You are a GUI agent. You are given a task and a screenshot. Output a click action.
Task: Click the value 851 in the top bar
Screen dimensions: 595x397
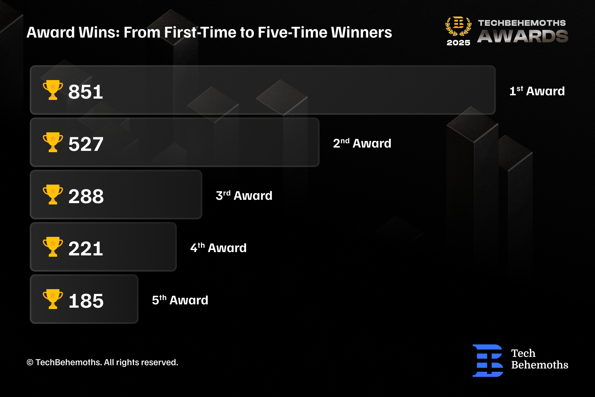pos(86,92)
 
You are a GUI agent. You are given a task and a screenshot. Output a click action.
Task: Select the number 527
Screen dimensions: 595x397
pos(86,144)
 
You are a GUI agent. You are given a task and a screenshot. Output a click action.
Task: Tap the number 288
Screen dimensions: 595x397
pos(86,196)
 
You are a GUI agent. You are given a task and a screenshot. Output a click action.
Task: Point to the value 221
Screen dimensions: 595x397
pos(86,248)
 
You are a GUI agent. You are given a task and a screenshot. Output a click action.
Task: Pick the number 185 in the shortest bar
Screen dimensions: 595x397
pos(86,301)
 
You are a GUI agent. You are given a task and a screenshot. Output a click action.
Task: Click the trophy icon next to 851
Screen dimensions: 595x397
pos(53,90)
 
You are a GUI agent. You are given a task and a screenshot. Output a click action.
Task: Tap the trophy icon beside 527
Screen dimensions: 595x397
pos(53,142)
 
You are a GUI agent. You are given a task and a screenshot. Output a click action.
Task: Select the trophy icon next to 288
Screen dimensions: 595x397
pos(53,195)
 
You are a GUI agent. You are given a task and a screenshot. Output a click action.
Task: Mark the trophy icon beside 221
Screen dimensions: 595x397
pos(53,247)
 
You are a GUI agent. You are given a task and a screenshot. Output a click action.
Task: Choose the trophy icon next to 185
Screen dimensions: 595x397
pos(53,299)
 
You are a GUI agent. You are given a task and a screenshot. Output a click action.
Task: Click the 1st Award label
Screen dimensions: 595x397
pos(537,91)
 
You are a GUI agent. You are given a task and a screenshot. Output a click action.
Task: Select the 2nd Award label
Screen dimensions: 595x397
pos(362,143)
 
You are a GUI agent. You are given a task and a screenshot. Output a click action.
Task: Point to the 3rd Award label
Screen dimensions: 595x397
pos(244,195)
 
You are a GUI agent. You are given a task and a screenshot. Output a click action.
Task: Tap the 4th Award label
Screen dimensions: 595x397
pos(218,247)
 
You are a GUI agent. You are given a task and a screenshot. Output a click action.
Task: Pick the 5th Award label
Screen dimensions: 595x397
pos(180,300)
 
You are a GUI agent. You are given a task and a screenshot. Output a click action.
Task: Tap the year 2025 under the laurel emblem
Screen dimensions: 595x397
pos(458,43)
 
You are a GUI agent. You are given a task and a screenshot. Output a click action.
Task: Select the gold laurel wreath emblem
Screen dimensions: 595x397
pos(458,26)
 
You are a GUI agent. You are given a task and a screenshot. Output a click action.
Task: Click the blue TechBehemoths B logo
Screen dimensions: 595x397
pos(488,361)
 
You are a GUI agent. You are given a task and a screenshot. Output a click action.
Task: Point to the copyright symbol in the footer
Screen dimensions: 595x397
pos(30,363)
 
